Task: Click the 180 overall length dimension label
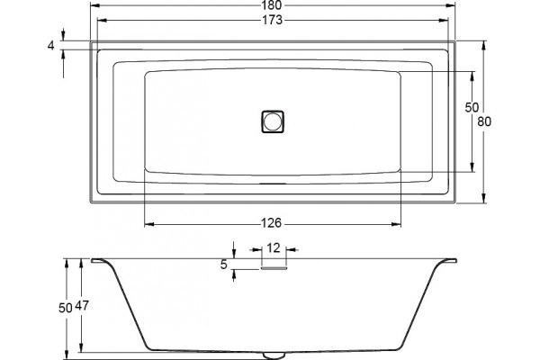(x=273, y=5)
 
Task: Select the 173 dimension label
(x=273, y=21)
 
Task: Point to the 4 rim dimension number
(x=51, y=46)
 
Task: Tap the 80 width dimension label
(x=484, y=121)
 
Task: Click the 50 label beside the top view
(x=472, y=108)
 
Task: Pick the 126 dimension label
(x=272, y=223)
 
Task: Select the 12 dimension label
(x=274, y=248)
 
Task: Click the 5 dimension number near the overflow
(x=224, y=265)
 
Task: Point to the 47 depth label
(x=82, y=306)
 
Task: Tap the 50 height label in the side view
(x=65, y=308)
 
